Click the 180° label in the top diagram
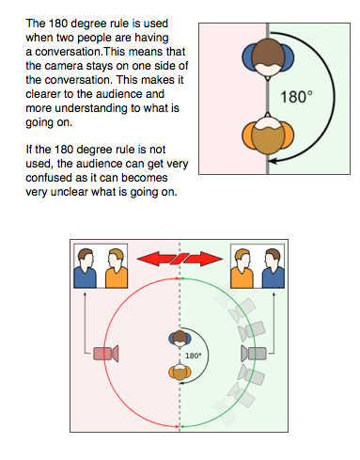pos(296,96)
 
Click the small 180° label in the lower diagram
pos(194,357)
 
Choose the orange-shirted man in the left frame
pos(117,266)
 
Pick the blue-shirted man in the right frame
pos(273,266)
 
